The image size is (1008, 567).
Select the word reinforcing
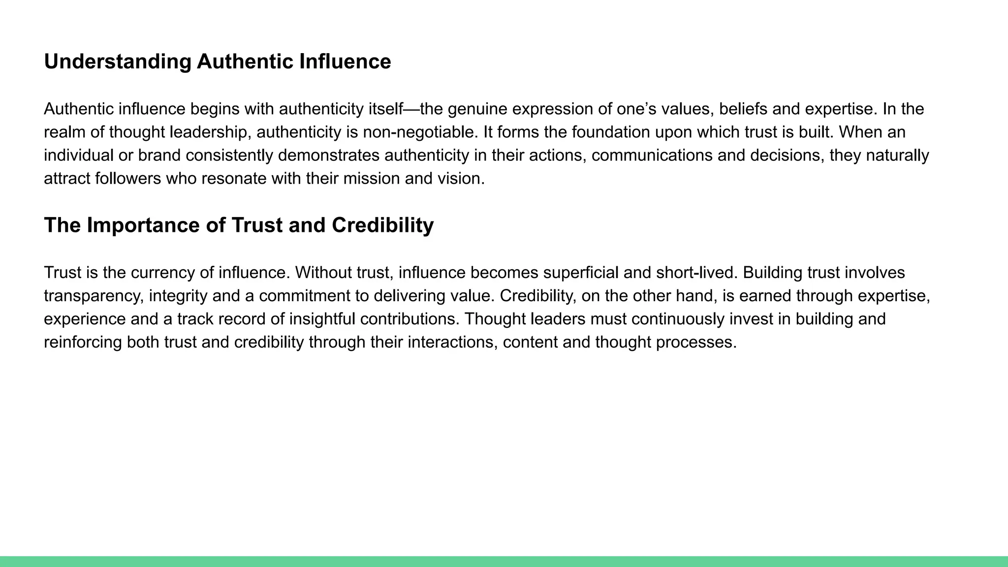(83, 342)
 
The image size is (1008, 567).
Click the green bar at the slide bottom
(504, 562)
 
